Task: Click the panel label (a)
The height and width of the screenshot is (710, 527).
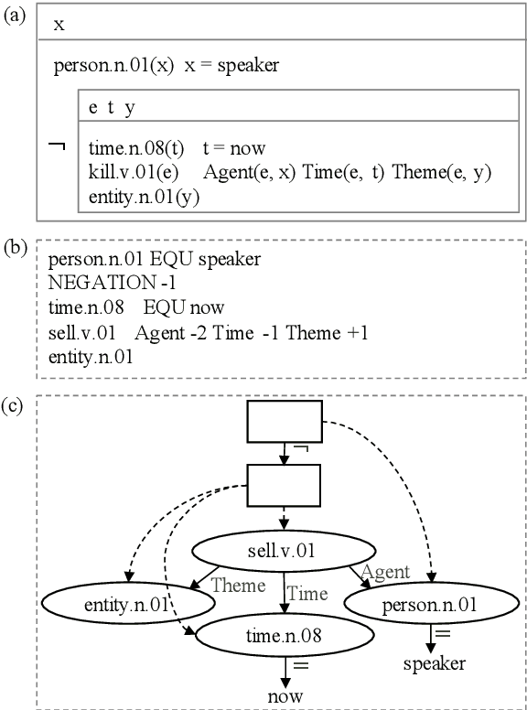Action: [x=16, y=16]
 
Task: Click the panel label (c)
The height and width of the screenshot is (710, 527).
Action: [x=16, y=405]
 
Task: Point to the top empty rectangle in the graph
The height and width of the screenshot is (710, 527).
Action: [x=285, y=422]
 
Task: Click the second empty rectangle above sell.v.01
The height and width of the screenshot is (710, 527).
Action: [x=285, y=485]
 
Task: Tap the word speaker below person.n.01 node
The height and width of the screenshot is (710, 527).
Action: [x=435, y=664]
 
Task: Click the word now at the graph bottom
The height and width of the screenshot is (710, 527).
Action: [x=285, y=697]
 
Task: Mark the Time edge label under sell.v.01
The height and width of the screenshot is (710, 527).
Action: [x=307, y=594]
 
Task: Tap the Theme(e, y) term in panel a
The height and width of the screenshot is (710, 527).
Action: [x=442, y=172]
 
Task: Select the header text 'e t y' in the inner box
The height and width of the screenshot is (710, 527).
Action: [x=112, y=107]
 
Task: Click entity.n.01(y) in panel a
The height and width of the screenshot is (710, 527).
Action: [x=145, y=196]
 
